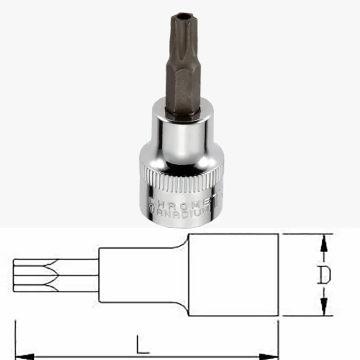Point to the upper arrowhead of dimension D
tap(323, 243)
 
